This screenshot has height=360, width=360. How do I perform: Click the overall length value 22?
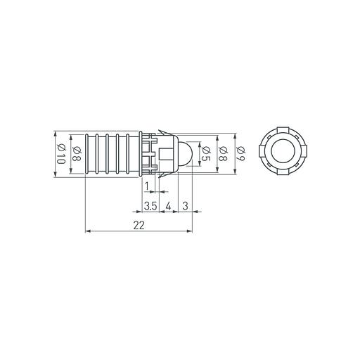coord(138,224)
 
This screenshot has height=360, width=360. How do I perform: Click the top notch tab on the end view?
coord(283,129)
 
